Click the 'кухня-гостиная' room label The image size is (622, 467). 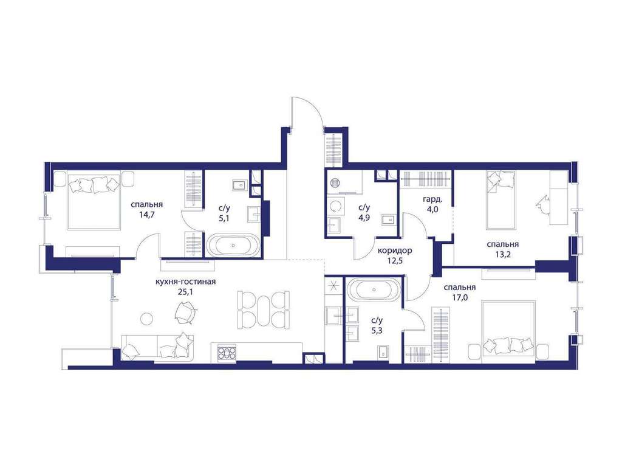coord(186,282)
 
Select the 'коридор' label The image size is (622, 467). coord(395,251)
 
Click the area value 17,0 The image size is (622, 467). coord(459,297)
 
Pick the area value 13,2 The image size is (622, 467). coord(502,255)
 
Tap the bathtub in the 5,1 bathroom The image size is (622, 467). coord(233,245)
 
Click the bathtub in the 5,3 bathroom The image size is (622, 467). coord(374,289)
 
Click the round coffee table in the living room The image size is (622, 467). coord(147,319)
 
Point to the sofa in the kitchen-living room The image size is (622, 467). coord(157,347)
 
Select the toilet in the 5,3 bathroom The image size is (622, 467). coord(383,352)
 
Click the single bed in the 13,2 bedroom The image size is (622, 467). coord(501,200)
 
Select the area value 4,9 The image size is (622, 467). coord(364,217)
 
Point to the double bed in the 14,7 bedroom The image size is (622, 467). coord(94,200)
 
